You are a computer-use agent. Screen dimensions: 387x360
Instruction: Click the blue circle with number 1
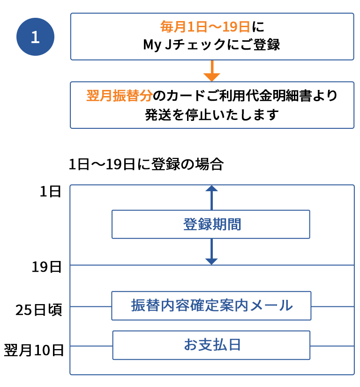pyautogui.click(x=35, y=37)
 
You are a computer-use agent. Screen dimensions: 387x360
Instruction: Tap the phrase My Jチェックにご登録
pyautogui.click(x=211, y=45)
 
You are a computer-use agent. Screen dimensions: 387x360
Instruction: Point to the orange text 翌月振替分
pyautogui.click(x=120, y=96)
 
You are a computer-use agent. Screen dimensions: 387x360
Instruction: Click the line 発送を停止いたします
pyautogui.click(x=212, y=115)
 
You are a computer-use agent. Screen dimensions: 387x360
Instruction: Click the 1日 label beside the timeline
pyautogui.click(x=50, y=192)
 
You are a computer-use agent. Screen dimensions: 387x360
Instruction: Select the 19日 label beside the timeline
pyautogui.click(x=47, y=267)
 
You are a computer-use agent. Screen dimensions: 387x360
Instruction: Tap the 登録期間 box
pyautogui.click(x=211, y=224)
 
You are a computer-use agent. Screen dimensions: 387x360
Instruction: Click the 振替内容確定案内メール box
pyautogui.click(x=211, y=306)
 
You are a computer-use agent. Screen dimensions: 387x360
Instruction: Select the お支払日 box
pyautogui.click(x=211, y=345)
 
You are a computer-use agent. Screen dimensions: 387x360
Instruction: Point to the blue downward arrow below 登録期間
pyautogui.click(x=212, y=253)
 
